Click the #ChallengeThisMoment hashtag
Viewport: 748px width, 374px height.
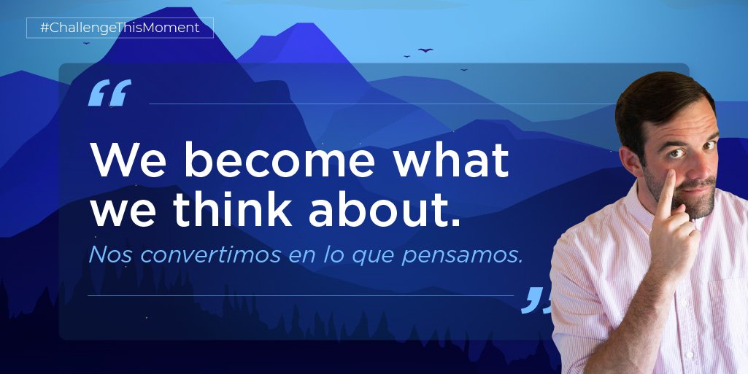point(120,28)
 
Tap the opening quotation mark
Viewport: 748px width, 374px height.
point(109,93)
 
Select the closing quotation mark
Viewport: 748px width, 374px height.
point(536,300)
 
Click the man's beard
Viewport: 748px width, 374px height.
point(697,204)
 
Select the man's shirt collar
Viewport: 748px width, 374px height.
point(642,219)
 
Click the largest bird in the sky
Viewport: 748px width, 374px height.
point(425,50)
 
